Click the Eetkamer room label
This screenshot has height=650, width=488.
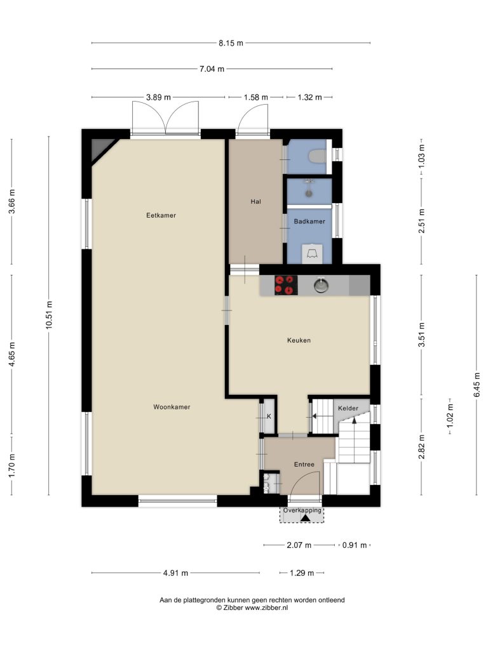click(161, 215)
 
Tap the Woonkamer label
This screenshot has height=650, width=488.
click(172, 407)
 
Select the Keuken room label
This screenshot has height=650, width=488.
click(299, 340)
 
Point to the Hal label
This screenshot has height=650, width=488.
click(255, 201)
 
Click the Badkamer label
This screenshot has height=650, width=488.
click(309, 222)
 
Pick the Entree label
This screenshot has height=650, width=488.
click(304, 464)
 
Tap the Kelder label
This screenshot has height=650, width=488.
click(348, 408)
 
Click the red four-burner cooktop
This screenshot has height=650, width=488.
click(286, 285)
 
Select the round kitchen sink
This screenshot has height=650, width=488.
click(321, 286)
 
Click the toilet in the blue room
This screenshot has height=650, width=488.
click(318, 156)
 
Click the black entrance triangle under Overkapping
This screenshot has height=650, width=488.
click(306, 518)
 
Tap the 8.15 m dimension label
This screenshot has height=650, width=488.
click(231, 43)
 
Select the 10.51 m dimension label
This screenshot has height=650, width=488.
click(49, 315)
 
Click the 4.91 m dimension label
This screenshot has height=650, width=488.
click(175, 573)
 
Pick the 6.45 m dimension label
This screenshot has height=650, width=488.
click(477, 385)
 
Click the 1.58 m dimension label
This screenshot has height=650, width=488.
click(256, 97)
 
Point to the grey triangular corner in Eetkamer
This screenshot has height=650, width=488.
click(101, 149)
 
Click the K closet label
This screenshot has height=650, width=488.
click(269, 416)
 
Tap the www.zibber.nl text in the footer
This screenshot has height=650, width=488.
click(266, 607)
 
